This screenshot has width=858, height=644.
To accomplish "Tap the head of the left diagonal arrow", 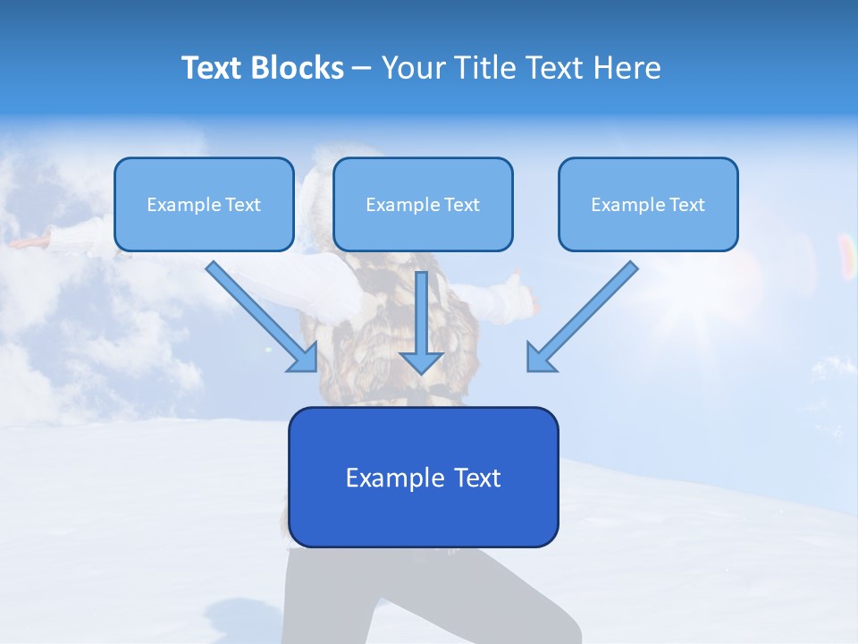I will point(305,359).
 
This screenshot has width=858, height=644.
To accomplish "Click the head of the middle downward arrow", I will point(421,361).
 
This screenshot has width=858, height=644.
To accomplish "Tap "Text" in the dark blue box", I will point(478,478).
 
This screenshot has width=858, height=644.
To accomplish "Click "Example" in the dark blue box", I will point(396,478).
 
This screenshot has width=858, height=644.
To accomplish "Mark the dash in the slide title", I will point(362,69).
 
